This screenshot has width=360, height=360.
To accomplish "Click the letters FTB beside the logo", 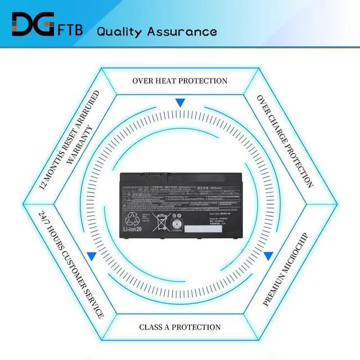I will coord(70,30).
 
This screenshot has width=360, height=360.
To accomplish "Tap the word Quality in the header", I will coord(120,31).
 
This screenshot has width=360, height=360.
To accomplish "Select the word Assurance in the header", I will coord(182,31).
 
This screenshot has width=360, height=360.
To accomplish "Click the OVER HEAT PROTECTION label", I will coord(180,81).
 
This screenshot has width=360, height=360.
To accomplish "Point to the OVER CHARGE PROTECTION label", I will coord(285,141).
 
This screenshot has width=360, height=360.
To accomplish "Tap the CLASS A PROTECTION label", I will coord(180,327).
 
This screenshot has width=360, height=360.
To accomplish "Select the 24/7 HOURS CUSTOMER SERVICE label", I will coord(71,264).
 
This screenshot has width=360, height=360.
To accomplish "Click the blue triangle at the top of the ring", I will coord(180,103).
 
